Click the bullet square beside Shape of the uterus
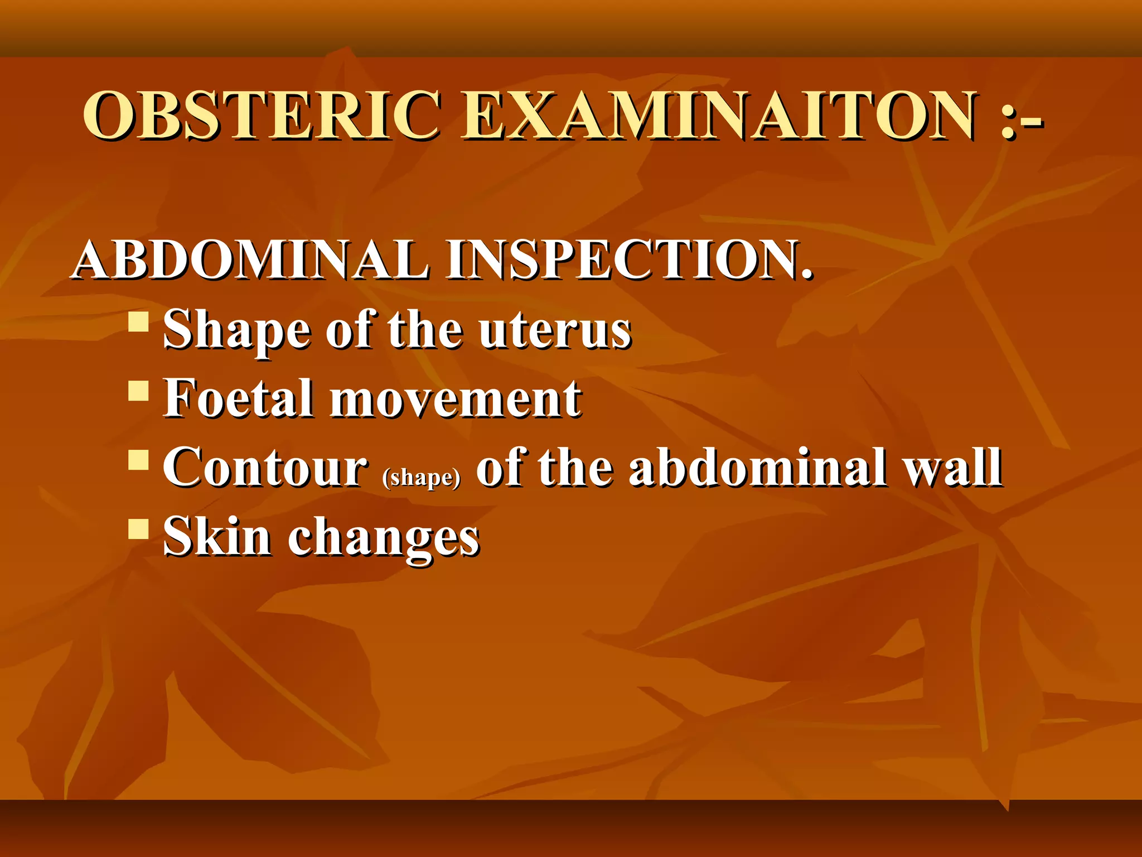pos(138,322)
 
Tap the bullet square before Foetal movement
pos(138,391)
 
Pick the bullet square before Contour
pos(138,460)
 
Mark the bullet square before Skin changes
pos(138,528)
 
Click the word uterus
pos(555,331)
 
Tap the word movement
pos(456,399)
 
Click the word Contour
pos(265,468)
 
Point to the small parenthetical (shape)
pos(422,478)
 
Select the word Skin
pos(217,536)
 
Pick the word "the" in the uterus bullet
pos(425,331)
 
